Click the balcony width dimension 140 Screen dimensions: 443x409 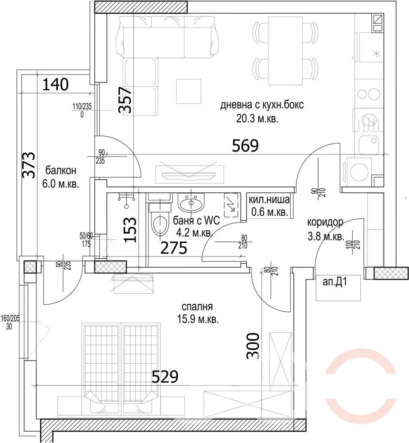[x=56, y=84]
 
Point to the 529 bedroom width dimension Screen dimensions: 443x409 [x=165, y=377]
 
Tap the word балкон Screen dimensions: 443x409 [x=61, y=171]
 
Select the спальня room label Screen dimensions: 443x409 [x=198, y=307]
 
